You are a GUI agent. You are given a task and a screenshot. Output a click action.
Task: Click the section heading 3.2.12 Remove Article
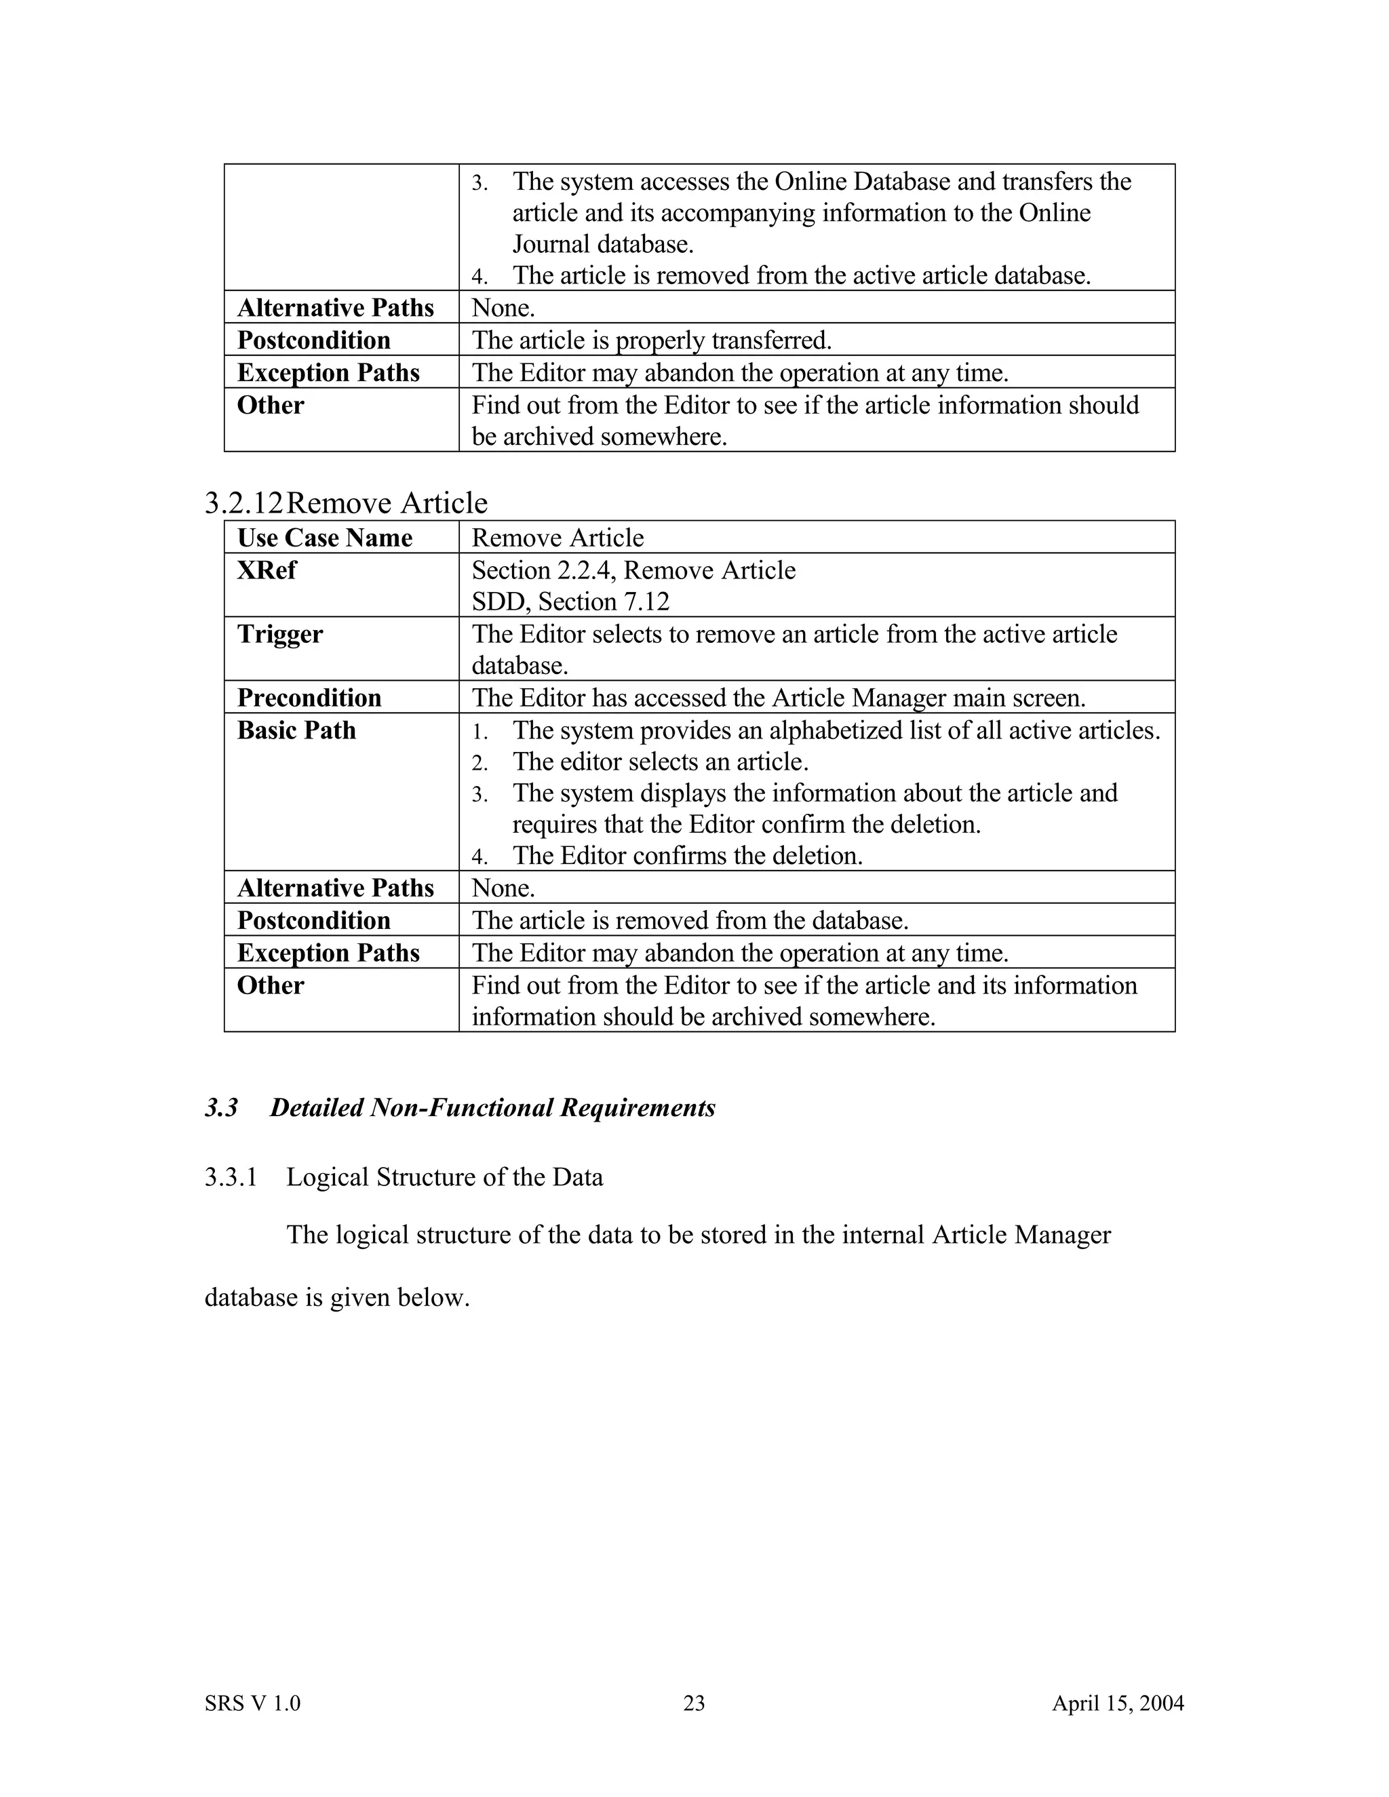coord(347,502)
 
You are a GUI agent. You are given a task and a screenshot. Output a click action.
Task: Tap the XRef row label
coord(267,570)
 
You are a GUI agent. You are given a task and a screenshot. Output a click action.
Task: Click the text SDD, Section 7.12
coord(570,601)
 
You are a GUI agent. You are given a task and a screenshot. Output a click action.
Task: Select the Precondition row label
coord(309,698)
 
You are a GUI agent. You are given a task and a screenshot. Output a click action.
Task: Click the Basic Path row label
coord(296,730)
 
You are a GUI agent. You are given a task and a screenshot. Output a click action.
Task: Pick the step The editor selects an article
coord(660,762)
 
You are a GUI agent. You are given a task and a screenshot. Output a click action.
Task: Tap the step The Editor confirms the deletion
coord(687,856)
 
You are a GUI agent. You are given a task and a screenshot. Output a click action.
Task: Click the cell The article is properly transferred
coord(651,340)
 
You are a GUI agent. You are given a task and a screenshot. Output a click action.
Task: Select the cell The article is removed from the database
coord(690,920)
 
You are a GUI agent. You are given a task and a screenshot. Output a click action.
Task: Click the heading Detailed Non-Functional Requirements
coord(492,1107)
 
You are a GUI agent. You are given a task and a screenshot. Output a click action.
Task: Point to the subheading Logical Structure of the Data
coord(444,1177)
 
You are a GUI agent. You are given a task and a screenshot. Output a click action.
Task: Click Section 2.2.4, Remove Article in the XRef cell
coord(633,570)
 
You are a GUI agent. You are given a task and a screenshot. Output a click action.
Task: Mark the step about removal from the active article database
coord(801,275)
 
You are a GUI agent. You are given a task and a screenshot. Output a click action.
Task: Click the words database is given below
coord(336,1297)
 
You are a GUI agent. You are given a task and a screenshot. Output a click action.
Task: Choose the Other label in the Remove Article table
coord(270,985)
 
